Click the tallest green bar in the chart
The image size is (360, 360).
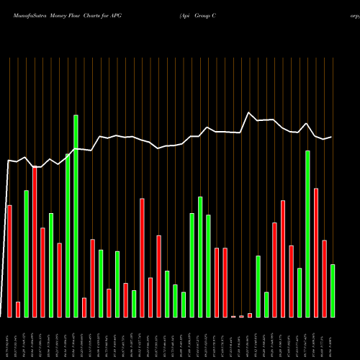tap(76, 216)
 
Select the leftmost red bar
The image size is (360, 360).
tap(9, 261)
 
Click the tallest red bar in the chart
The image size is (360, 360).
tap(35, 242)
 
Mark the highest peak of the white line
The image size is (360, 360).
tap(249, 113)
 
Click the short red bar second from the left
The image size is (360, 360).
tap(18, 310)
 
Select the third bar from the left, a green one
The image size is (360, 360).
tap(26, 253)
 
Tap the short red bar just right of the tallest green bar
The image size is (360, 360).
tap(84, 307)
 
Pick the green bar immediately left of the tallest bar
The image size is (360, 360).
tap(68, 235)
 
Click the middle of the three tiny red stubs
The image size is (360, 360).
tap(241, 316)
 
